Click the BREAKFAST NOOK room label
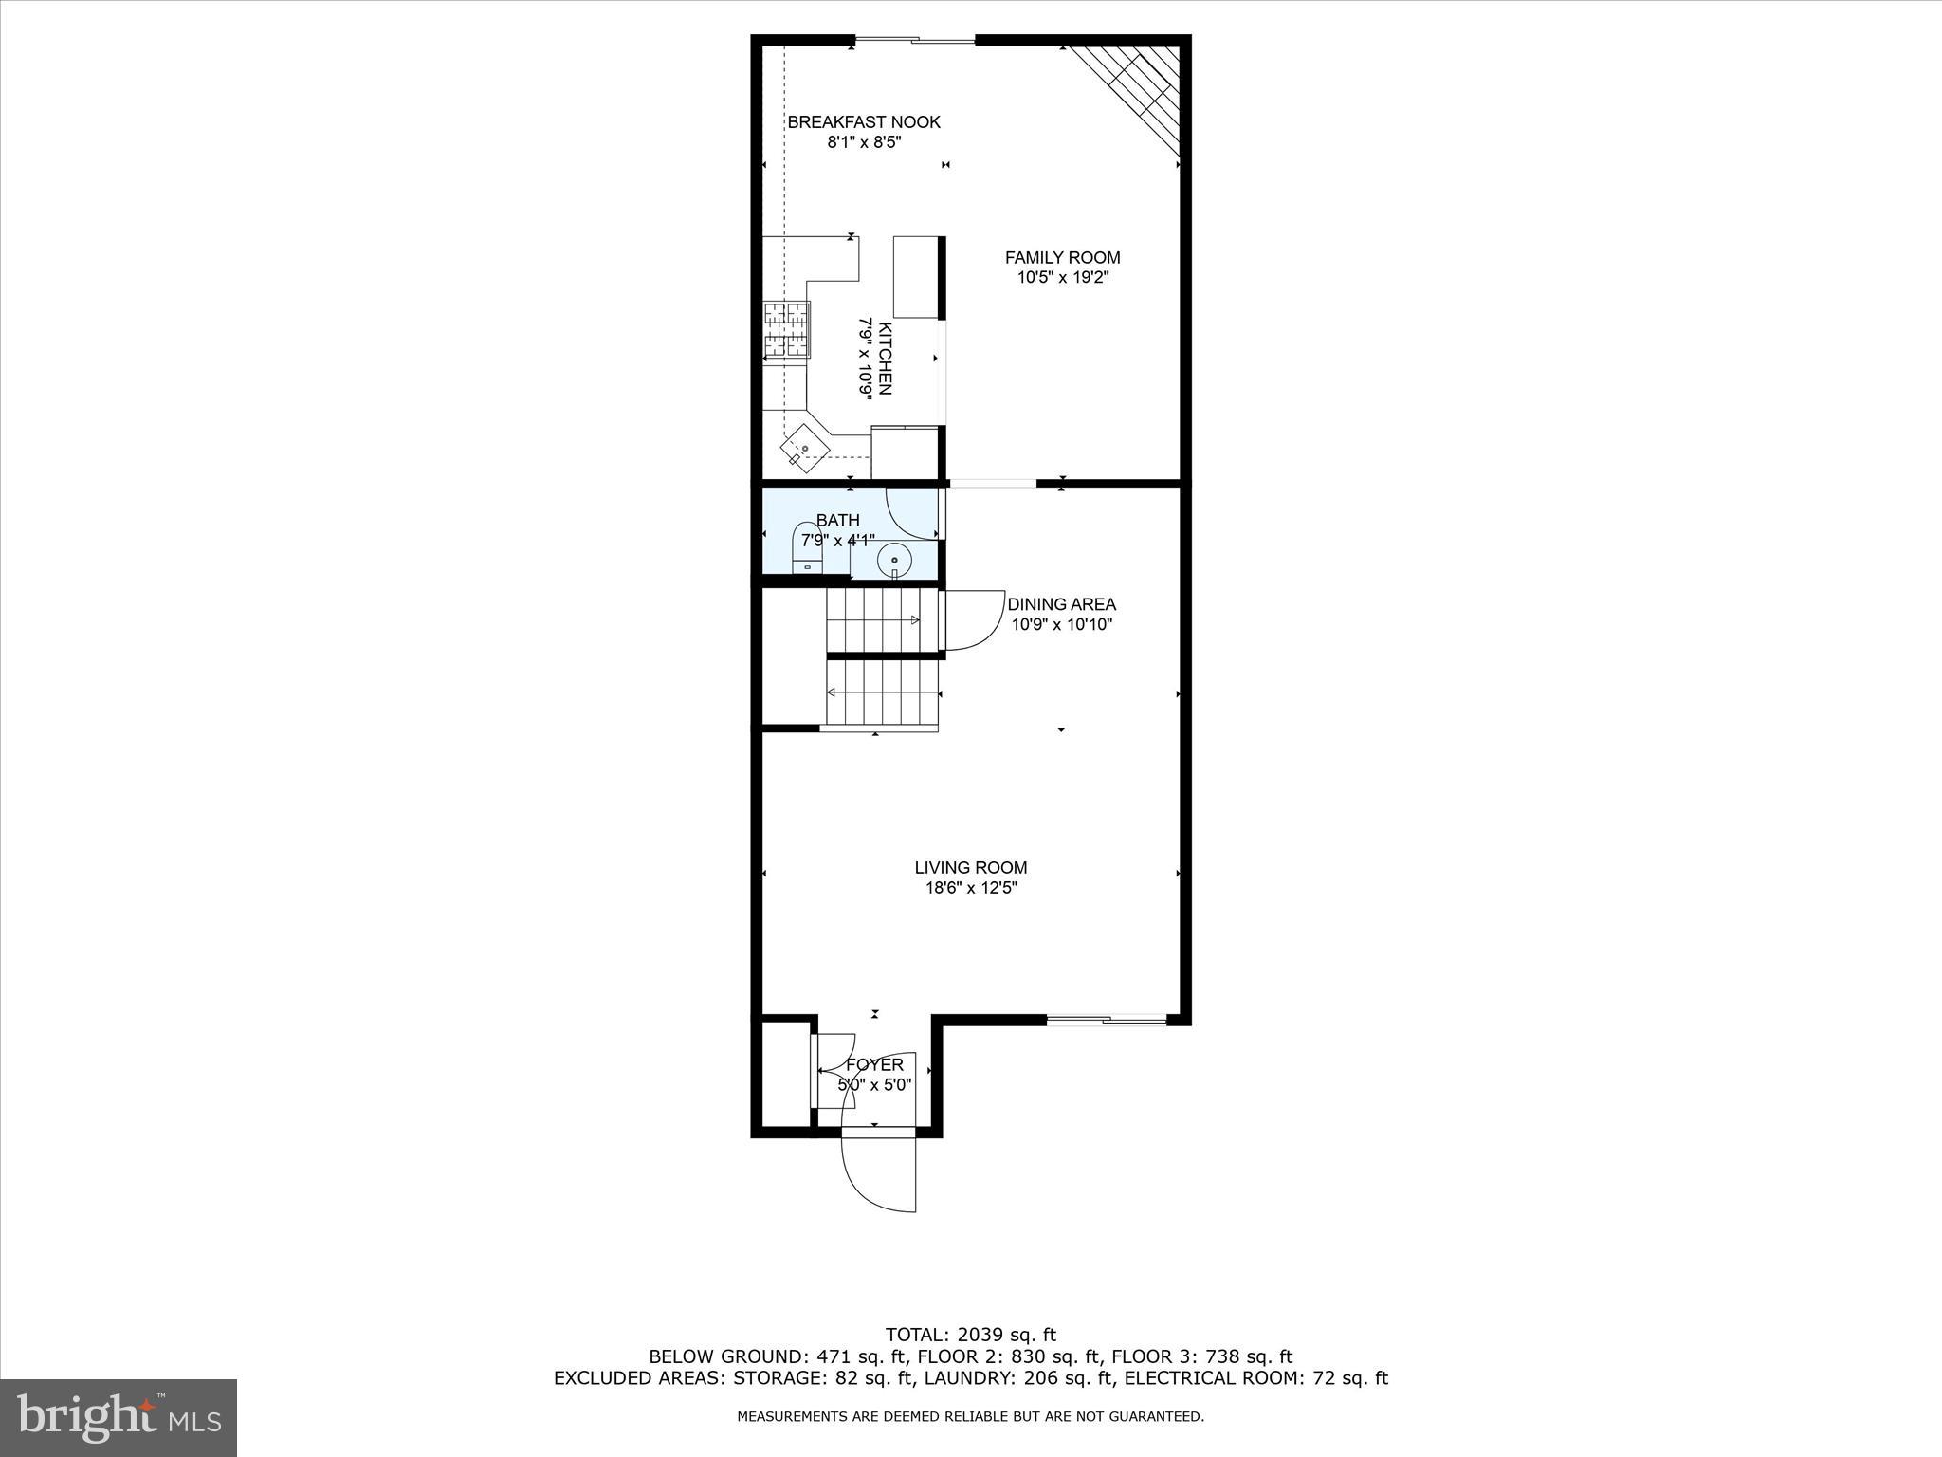click(864, 122)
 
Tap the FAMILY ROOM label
click(1062, 257)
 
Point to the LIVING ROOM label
click(971, 867)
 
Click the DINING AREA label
click(1061, 604)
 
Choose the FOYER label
click(874, 1065)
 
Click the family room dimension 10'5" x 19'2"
click(1062, 278)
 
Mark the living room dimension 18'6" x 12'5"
click(971, 889)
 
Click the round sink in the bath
click(893, 560)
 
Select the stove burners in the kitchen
click(787, 330)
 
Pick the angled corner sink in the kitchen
click(804, 449)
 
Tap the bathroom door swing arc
click(910, 514)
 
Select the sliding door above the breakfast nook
click(915, 40)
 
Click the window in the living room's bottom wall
click(1107, 1020)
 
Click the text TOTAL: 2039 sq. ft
click(970, 1336)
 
